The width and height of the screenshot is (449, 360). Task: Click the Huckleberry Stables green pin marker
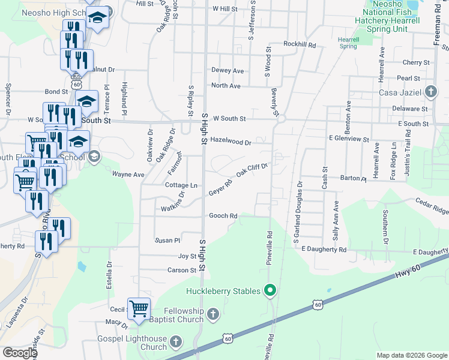270,292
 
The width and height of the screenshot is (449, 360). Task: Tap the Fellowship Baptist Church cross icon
212,314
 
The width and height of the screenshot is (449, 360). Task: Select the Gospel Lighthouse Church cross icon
176,342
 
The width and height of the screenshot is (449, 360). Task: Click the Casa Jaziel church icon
430,92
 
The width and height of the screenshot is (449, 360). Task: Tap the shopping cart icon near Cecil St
139,308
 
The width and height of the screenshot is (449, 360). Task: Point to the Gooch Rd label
223,216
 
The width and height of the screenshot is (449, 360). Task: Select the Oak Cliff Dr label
251,170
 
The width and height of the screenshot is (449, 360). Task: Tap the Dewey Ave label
227,71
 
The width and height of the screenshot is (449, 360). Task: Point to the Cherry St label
414,62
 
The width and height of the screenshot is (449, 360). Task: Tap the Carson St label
182,271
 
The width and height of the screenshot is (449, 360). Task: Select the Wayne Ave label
128,175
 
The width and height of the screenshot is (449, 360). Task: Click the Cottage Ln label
181,185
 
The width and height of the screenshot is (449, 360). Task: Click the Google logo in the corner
20,353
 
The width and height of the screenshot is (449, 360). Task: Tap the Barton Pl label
353,178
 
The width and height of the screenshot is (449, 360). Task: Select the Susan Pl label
167,241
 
